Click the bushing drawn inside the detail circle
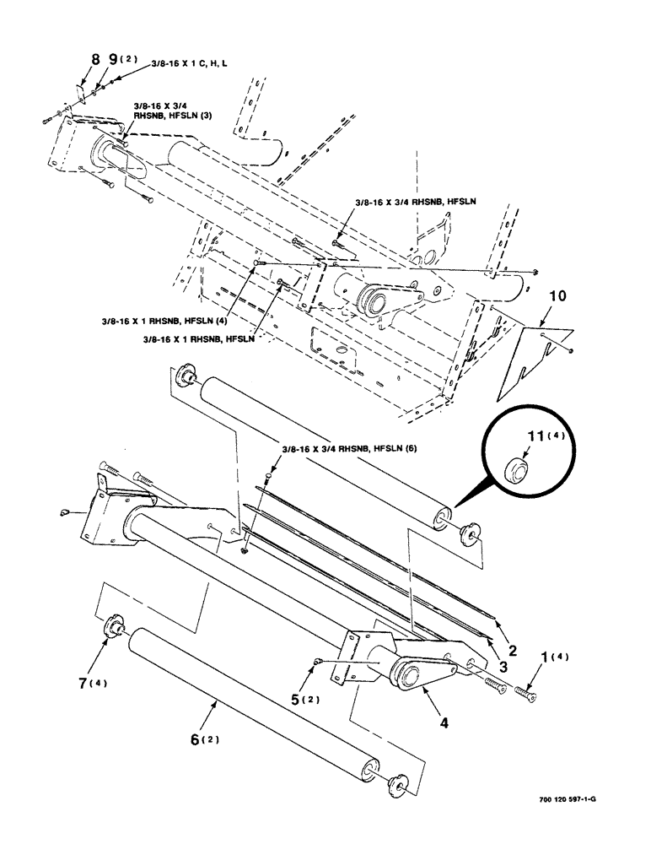[514, 470]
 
